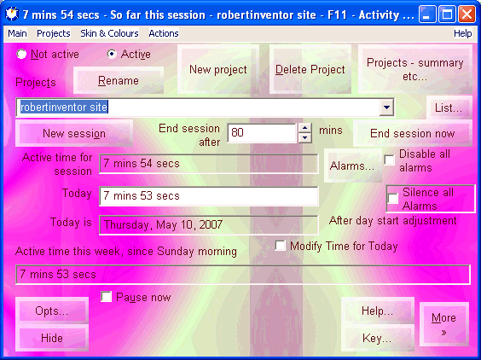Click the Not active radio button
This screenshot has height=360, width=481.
[x=21, y=54]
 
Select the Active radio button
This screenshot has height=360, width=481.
[x=112, y=54]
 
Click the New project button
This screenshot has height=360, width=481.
[x=218, y=69]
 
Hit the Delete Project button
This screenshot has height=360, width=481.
[x=310, y=69]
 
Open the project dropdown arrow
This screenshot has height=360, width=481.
[x=386, y=107]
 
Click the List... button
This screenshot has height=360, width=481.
[x=449, y=107]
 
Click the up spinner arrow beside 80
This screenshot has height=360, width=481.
[x=305, y=128]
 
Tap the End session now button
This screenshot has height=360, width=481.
[x=412, y=133]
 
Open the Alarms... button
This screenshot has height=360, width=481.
[x=352, y=166]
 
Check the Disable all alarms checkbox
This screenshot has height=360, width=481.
[x=390, y=160]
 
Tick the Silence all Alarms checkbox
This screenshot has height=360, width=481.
[x=393, y=198]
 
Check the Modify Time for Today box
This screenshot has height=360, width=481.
[x=280, y=246]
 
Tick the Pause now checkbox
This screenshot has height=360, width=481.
[x=106, y=297]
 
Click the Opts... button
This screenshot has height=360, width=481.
[x=52, y=311]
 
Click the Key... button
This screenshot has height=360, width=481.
[x=377, y=338]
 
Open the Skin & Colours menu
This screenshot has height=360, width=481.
[x=109, y=33]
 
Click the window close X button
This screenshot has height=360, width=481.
[x=467, y=15]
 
